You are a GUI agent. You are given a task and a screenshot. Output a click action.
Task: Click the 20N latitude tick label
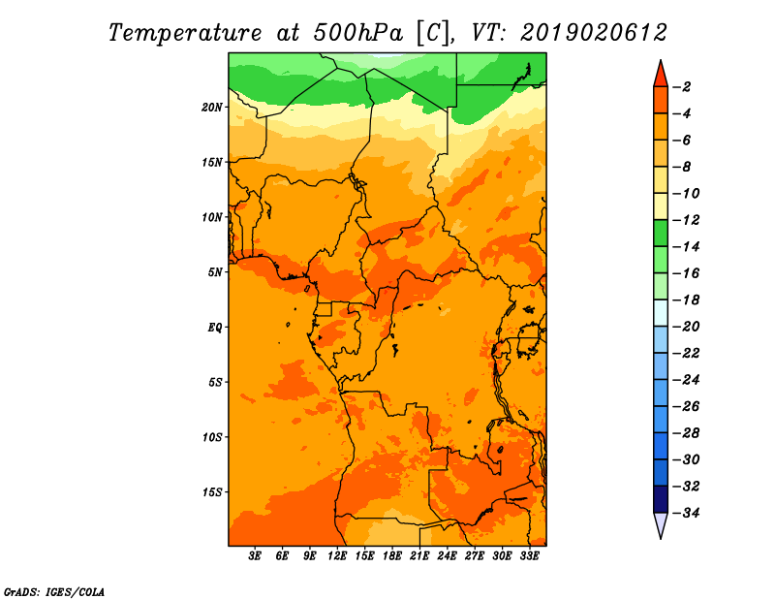(x=212, y=107)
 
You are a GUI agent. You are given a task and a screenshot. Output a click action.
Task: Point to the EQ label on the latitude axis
(x=214, y=327)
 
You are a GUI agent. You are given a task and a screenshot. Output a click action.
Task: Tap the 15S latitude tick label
(x=212, y=492)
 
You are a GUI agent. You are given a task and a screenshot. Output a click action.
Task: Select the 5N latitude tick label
(x=215, y=272)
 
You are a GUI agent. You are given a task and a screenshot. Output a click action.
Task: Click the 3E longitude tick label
(x=255, y=556)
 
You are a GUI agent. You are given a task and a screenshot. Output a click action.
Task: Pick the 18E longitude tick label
(x=392, y=556)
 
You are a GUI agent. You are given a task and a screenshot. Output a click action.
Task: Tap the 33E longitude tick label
(x=529, y=556)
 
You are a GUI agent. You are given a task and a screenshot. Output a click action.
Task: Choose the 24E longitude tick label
(x=447, y=556)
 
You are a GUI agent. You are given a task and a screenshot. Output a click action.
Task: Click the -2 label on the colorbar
(x=683, y=87)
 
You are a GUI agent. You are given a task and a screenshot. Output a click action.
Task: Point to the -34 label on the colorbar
(x=687, y=513)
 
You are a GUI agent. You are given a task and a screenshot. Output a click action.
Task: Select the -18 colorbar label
(x=687, y=299)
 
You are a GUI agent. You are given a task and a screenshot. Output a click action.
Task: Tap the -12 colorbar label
(x=687, y=220)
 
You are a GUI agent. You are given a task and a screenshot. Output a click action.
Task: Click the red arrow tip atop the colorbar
(x=661, y=60)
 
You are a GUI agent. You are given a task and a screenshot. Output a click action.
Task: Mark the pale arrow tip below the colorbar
(x=661, y=538)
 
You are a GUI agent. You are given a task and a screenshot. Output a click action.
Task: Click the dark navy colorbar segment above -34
(x=661, y=499)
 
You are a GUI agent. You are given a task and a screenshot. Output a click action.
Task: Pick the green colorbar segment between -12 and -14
(x=661, y=234)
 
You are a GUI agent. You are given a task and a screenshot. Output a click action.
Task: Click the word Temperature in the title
(x=185, y=33)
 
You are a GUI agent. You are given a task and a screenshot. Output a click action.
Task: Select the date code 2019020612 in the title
(x=594, y=33)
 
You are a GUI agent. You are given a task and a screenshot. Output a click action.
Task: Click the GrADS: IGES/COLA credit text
(x=54, y=592)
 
